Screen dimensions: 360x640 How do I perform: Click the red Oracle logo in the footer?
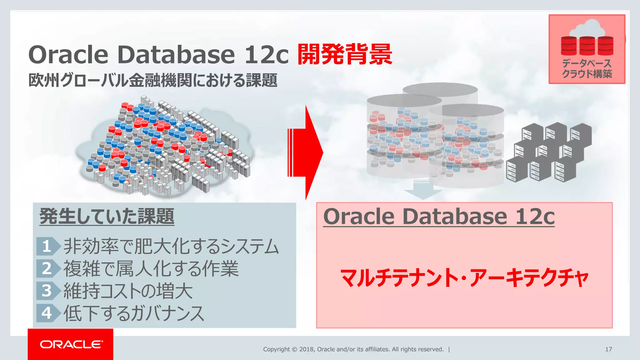click(71, 344)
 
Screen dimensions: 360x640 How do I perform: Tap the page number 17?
click(608, 349)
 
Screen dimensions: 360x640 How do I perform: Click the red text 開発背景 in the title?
click(345, 55)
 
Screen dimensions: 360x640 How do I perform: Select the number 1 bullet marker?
click(47, 246)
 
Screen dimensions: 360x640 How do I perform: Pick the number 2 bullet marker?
click(47, 268)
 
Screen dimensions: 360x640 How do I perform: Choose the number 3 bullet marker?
click(47, 291)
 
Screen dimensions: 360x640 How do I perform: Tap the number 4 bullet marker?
click(47, 313)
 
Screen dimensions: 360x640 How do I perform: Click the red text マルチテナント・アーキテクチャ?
click(464, 277)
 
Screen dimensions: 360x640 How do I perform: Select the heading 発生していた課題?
click(107, 216)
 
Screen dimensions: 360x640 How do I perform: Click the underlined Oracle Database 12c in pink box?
click(439, 216)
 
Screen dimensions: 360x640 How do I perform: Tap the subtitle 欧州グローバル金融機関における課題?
click(153, 80)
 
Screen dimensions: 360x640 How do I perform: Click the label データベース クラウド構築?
click(587, 69)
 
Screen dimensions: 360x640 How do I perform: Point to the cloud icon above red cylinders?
click(587, 28)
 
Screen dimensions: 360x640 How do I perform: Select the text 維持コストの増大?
click(128, 291)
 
